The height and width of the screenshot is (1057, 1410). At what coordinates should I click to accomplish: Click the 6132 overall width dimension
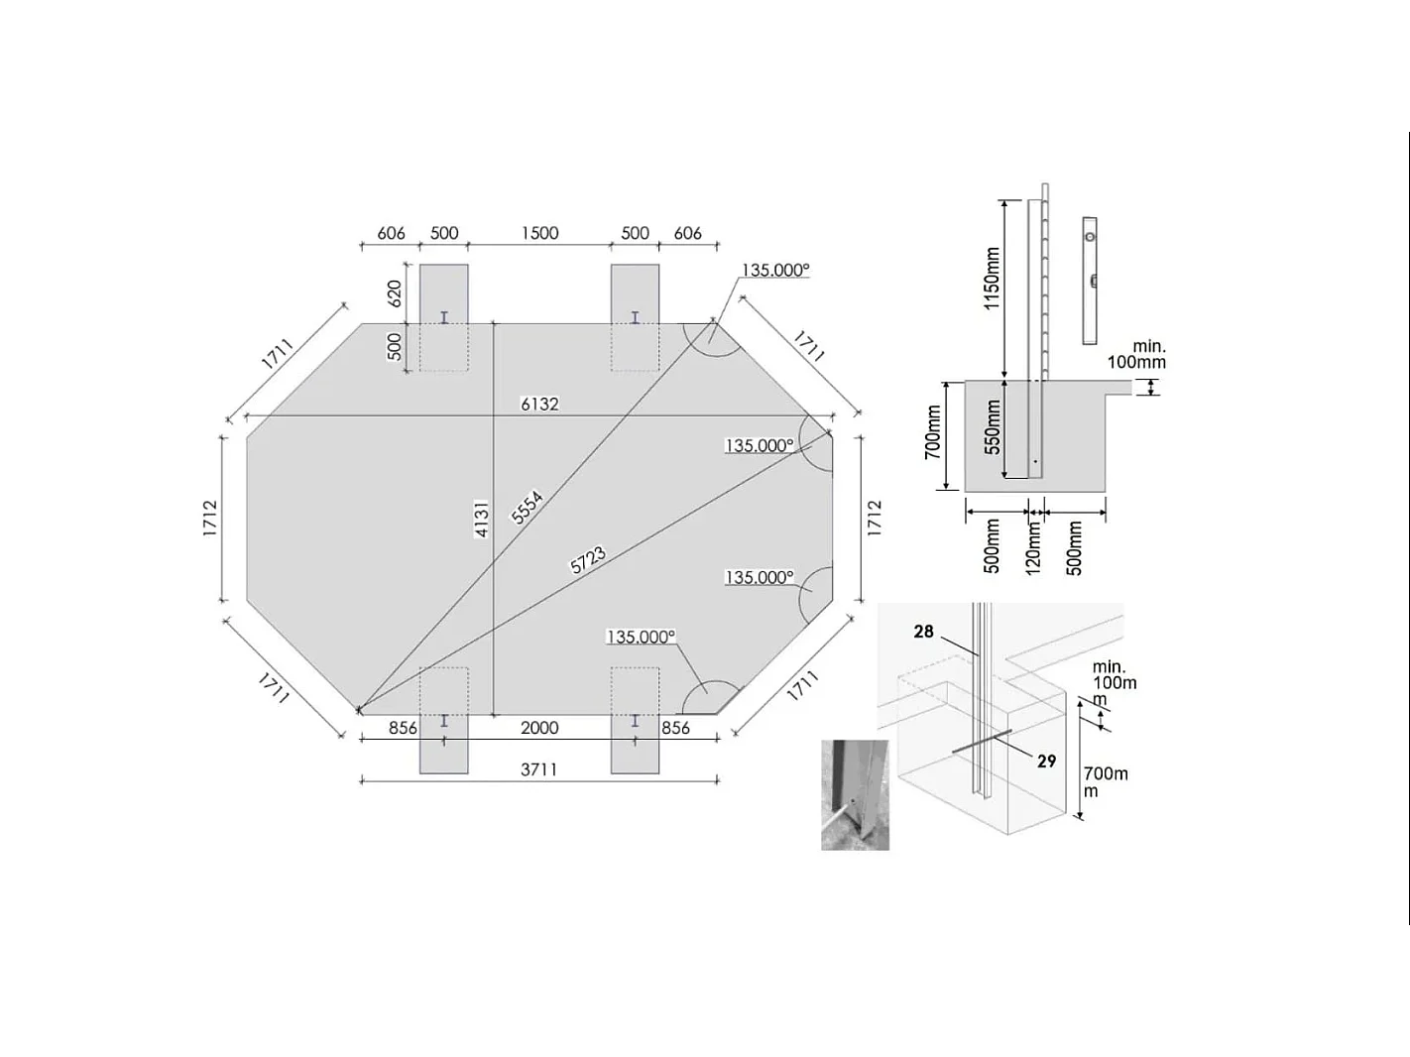coord(539,404)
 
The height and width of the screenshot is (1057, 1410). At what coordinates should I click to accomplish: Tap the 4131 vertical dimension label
coord(482,519)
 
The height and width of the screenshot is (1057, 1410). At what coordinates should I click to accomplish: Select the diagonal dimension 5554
coord(528,507)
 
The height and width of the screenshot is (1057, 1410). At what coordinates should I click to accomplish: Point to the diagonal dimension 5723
coord(588,560)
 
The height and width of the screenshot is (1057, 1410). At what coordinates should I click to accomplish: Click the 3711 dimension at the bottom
coord(538,769)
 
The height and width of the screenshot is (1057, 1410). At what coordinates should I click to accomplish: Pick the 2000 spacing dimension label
coord(539,728)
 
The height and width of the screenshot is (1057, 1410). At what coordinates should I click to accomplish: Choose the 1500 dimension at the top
coord(539,233)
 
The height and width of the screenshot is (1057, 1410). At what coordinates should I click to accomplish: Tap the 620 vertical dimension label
coord(395,294)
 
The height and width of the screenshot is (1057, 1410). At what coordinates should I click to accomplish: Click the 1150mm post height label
coord(993,279)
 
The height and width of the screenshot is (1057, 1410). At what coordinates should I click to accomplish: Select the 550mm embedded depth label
coord(993,427)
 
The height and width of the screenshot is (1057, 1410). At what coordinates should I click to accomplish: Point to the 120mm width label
coord(1033,548)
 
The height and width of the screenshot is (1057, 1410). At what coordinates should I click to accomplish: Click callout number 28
coord(923,632)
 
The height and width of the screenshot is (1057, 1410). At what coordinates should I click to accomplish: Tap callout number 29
coord(1046,762)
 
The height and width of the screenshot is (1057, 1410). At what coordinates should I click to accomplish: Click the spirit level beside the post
coord(1090,280)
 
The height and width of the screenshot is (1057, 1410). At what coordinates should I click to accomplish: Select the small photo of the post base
coord(855,794)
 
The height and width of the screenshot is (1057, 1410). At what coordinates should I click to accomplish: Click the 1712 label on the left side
coord(210,519)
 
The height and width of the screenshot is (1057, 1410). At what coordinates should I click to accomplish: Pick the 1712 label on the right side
coord(874,519)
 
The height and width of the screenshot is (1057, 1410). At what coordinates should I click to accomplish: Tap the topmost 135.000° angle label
coord(775,270)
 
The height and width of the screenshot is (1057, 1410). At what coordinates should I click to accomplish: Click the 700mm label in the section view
coord(933,431)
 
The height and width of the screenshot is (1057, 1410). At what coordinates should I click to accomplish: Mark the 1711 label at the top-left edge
coord(277,354)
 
